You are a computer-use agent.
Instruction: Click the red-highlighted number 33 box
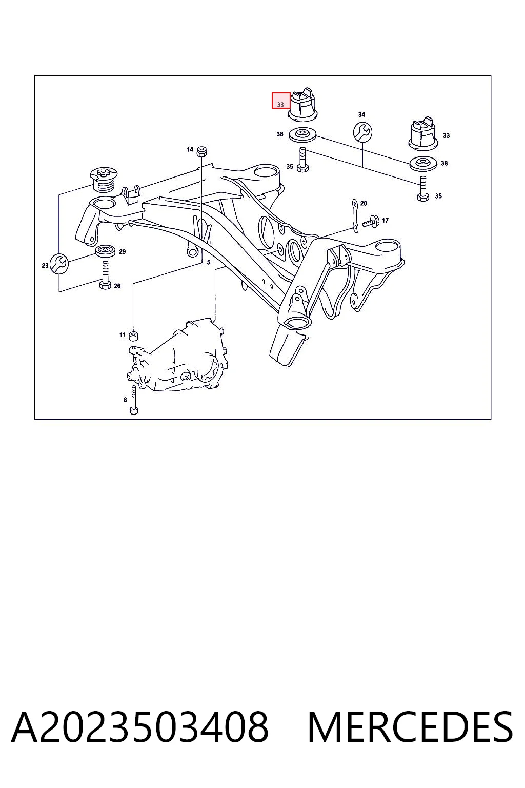click(280, 100)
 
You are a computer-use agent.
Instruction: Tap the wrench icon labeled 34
click(362, 132)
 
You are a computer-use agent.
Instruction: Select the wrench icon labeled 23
click(59, 263)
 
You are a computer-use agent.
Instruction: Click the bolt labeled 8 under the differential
click(134, 400)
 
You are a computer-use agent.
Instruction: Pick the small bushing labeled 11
click(133, 336)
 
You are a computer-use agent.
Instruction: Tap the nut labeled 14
click(201, 151)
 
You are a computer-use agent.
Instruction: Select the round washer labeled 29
click(106, 251)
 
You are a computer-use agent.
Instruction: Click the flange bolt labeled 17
click(370, 222)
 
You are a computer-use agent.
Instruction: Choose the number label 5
click(209, 262)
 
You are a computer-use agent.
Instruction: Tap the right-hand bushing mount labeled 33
click(423, 133)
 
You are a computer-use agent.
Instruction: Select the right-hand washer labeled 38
click(423, 164)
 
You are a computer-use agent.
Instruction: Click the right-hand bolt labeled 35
click(422, 189)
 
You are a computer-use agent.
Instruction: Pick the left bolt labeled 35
click(303, 160)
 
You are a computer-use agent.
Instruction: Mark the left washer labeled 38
click(303, 135)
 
